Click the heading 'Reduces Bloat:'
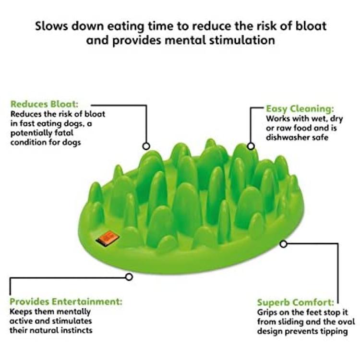45,104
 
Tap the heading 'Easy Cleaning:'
300,108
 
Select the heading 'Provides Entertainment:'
66,301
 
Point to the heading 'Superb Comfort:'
296,302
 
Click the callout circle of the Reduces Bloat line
146,146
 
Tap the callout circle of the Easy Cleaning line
251,146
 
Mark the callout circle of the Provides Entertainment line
129,277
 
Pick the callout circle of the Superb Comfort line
284,244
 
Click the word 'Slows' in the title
51,26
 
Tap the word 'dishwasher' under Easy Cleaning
287,137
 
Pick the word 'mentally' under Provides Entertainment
73,312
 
